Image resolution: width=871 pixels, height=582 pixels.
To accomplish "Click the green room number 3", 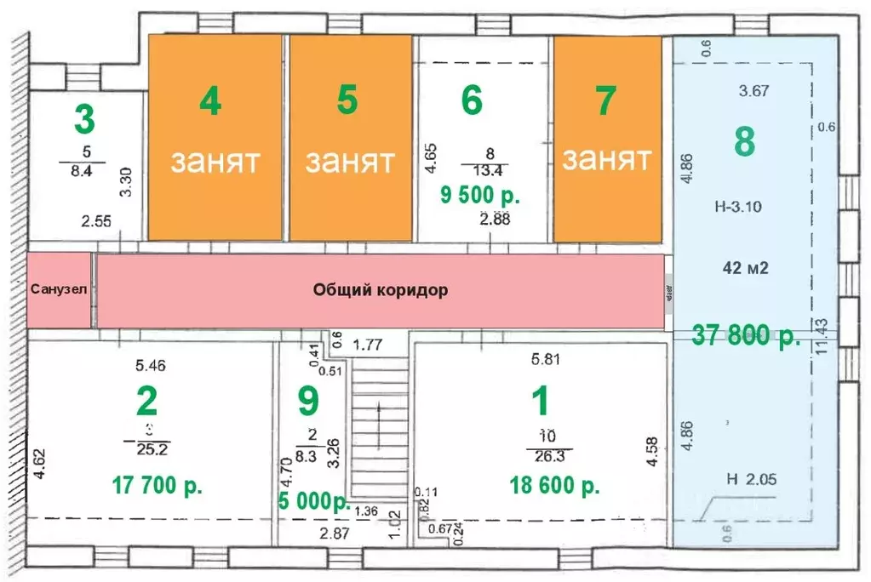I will (83, 119).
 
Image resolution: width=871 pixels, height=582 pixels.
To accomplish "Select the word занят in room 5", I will (349, 161).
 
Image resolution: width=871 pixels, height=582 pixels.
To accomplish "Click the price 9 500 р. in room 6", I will (479, 195).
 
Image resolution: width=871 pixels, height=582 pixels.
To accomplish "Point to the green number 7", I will (605, 101).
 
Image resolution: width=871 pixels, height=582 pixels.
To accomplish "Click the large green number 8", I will (744, 141).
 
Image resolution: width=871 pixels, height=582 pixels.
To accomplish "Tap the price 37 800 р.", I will (746, 335).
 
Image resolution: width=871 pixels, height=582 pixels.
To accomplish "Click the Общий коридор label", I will (381, 290).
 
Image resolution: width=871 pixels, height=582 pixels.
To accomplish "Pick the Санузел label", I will (58, 289).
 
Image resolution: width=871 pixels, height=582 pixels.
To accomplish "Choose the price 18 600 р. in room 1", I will (554, 486).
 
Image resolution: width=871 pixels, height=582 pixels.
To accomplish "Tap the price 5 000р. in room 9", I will (314, 501).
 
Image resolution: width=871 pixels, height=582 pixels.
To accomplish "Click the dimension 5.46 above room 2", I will (151, 366).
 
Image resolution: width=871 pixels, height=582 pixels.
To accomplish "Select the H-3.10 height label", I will (739, 206).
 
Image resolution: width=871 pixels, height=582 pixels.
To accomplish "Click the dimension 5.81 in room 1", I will (546, 359).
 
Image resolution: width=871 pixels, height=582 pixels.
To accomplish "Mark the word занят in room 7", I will (606, 158).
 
